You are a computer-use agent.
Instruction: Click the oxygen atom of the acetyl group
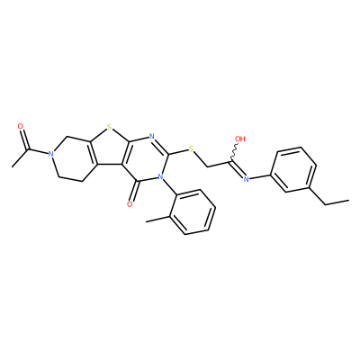coord(21,126)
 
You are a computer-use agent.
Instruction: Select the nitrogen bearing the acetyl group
coord(51,154)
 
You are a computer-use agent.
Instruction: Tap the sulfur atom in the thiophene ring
coord(109,128)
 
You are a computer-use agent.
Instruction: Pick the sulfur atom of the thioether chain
coord(190,148)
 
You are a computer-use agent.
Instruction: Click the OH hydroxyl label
coord(240,139)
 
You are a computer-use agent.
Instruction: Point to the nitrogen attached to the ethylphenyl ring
coord(247,179)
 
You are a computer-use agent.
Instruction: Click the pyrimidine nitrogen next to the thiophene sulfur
coord(151,137)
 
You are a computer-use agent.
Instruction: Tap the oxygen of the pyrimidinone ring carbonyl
coord(130,204)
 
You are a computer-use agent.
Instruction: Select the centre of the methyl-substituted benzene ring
coord(193,211)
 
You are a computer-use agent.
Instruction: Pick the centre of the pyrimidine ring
coord(145,158)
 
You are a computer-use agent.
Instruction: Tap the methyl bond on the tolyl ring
coord(157,219)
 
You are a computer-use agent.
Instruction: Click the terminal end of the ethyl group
coord(349,199)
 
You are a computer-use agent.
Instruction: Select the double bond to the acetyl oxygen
coord(25,139)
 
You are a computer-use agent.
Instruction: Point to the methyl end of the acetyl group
coord(12,166)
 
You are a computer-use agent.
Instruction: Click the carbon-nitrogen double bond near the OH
coord(238,169)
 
